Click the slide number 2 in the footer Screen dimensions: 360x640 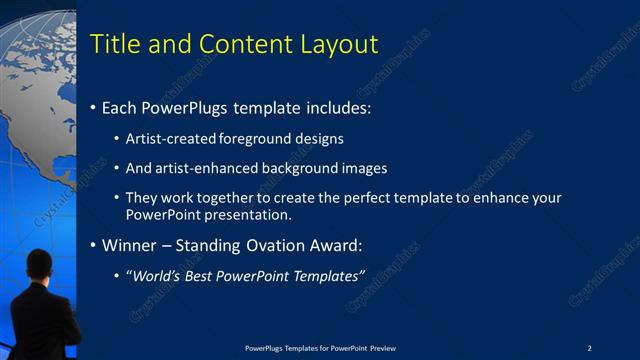[590, 347]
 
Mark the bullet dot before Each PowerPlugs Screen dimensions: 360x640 [93, 107]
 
